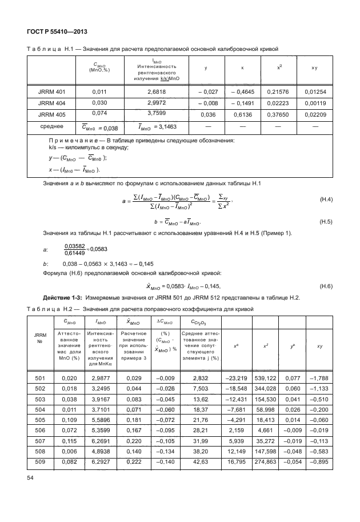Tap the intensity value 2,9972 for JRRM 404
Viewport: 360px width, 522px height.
[x=158, y=103]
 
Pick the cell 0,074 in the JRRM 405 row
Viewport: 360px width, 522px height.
[x=101, y=114]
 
